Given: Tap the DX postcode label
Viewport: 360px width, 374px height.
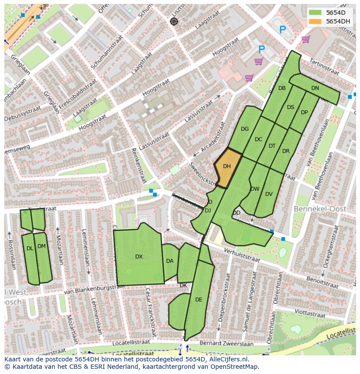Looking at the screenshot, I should click(x=139, y=257).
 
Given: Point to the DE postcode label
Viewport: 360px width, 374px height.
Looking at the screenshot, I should click(x=199, y=299).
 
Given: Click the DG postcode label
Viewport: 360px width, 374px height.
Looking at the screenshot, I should click(x=245, y=129).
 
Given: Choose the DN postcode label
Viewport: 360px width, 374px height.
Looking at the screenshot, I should click(x=315, y=88).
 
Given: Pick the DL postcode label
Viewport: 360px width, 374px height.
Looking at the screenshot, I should click(x=30, y=248).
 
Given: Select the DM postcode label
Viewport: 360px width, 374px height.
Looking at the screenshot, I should click(x=41, y=246).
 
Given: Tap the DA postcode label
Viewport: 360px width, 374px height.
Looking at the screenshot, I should click(x=170, y=261).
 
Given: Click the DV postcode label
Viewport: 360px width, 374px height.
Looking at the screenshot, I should click(x=269, y=194).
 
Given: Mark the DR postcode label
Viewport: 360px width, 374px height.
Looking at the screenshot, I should click(x=286, y=151).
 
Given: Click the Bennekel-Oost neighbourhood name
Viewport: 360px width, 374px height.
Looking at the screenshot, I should click(x=320, y=209).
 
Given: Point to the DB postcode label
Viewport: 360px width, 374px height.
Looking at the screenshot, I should click(x=282, y=88).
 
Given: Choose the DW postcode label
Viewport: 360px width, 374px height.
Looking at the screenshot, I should click(x=255, y=189).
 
